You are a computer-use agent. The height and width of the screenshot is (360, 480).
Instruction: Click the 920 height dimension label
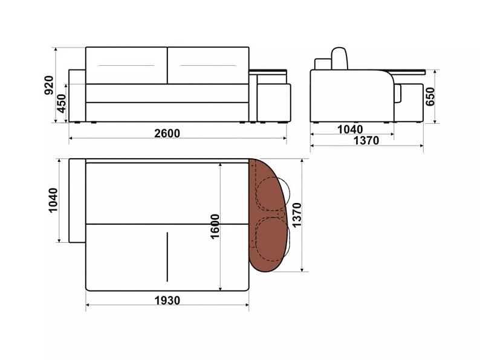[x=49, y=85]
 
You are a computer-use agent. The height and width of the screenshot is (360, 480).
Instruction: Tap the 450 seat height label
[x=62, y=103]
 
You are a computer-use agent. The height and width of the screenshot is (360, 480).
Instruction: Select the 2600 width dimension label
[x=167, y=133]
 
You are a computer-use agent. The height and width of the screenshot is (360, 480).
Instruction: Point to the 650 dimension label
[x=430, y=97]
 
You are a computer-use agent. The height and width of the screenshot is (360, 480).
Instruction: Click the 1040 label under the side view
[x=350, y=129]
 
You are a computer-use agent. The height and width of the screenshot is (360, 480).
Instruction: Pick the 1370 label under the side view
[x=366, y=140]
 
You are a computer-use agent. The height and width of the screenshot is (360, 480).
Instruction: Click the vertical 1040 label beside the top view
[x=53, y=201]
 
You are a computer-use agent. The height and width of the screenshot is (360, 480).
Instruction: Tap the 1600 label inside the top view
[x=215, y=227]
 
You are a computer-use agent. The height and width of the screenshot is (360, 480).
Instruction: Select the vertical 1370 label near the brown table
[x=297, y=215]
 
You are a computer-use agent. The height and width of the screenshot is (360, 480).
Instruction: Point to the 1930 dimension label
[x=167, y=300]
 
